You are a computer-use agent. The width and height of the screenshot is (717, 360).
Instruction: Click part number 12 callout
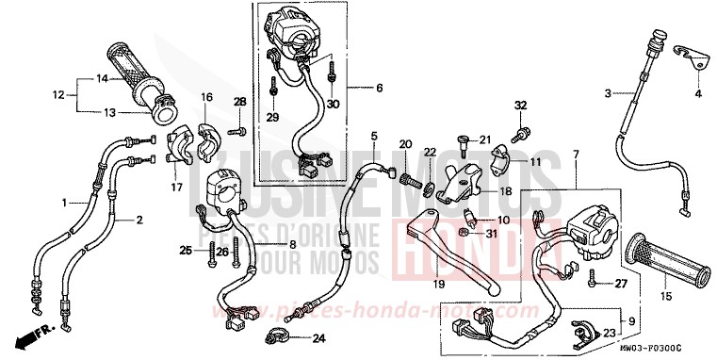pyautogui.click(x=58, y=94)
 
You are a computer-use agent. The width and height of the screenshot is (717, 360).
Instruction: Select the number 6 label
pyautogui.click(x=379, y=89)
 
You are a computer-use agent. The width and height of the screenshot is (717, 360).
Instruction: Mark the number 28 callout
pyautogui.click(x=239, y=102)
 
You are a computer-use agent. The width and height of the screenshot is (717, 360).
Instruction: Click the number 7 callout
pyautogui.click(x=576, y=153)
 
